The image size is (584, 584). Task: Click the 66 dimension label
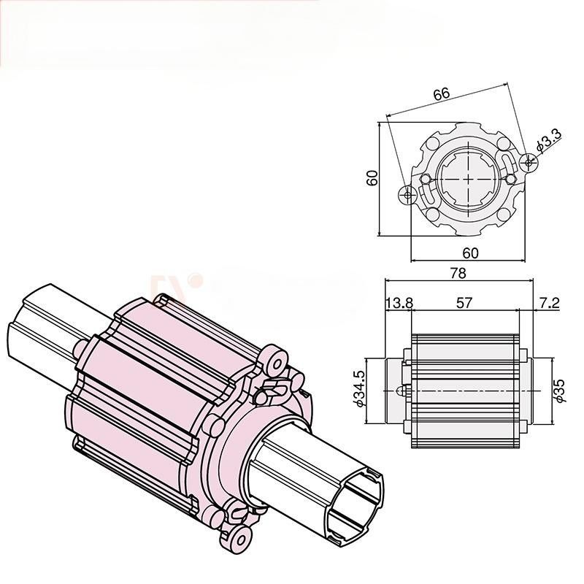tap(442, 93)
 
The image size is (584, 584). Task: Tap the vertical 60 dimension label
tap(372, 177)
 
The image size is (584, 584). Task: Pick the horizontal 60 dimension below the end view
tap(470, 253)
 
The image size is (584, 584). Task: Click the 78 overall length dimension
tap(458, 273)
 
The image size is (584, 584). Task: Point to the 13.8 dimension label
tap(399, 303)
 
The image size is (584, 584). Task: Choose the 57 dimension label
tap(464, 303)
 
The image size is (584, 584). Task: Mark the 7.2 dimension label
tap(550, 303)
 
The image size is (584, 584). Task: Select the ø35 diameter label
tap(560, 390)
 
